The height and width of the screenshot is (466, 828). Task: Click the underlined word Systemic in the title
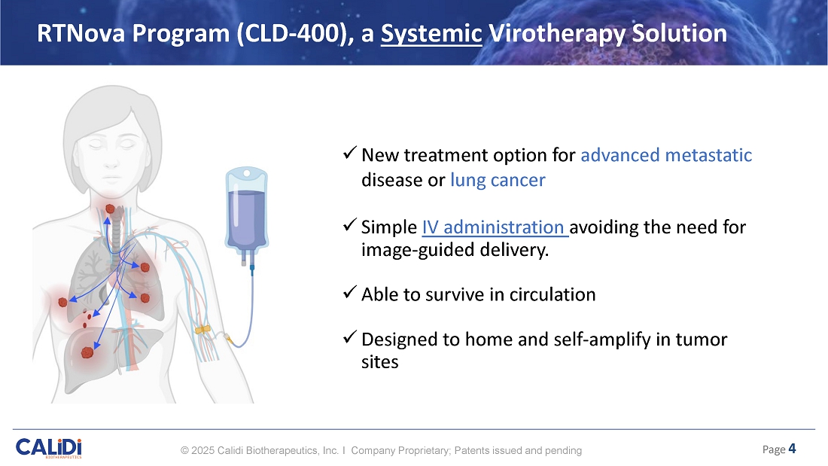click(x=431, y=33)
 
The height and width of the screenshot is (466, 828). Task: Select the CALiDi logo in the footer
click(x=49, y=448)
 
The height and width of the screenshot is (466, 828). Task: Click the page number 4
click(x=792, y=449)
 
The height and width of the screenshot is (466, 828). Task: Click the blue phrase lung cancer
click(x=498, y=180)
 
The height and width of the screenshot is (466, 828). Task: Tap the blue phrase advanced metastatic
click(x=666, y=155)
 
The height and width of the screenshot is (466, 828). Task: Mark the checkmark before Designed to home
click(x=349, y=337)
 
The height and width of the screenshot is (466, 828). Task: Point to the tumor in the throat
click(x=110, y=209)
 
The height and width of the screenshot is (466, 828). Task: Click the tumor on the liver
click(x=87, y=352)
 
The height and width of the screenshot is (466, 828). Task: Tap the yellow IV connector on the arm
click(x=202, y=330)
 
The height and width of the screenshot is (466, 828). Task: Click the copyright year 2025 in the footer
click(x=202, y=451)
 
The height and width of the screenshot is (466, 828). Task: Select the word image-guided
click(x=418, y=250)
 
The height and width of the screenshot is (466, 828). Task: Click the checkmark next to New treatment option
click(x=349, y=153)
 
